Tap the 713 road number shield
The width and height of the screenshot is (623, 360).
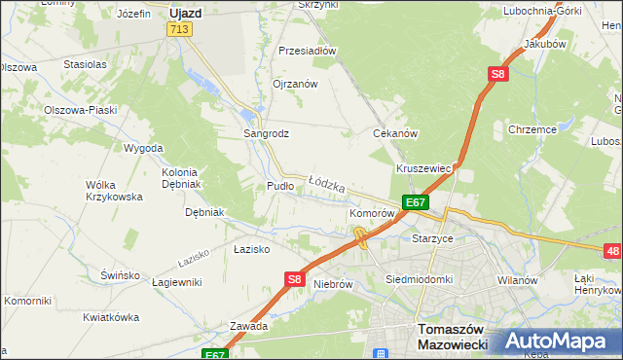pos(178,30)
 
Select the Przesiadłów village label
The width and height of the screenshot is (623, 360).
pos(307,51)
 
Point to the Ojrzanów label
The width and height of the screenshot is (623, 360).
pos(296,84)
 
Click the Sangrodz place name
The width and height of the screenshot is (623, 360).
pos(266,133)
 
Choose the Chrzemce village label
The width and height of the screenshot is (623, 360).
pos(531,129)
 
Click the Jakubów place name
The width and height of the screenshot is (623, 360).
pos(544,45)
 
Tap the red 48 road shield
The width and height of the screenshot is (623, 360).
pos(612,252)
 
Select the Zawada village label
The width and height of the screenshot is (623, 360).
pos(248,326)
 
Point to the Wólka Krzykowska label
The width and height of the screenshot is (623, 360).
pos(114,190)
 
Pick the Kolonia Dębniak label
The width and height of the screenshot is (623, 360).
pos(180,177)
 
